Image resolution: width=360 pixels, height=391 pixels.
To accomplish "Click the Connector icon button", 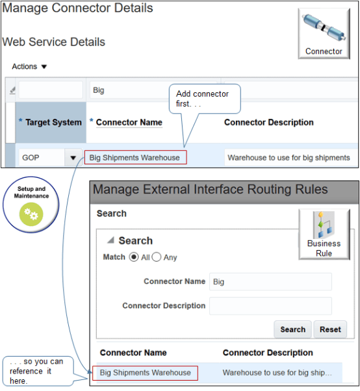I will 323,34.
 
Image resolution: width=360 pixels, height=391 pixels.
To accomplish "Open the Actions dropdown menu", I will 30,66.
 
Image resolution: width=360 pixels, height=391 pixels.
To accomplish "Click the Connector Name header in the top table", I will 129,122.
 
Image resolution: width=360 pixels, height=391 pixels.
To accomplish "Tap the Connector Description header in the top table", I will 268,122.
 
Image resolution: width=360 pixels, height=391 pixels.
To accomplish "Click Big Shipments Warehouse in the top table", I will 135,157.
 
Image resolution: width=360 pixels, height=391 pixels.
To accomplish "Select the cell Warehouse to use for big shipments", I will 288,157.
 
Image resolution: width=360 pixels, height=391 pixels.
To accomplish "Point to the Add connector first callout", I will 204,99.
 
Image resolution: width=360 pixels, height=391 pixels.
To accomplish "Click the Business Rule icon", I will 324,234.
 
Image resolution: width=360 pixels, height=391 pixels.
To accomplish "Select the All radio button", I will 135,257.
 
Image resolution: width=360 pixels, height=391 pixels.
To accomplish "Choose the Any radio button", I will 157,257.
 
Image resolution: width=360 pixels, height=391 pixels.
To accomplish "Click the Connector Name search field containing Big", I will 270,281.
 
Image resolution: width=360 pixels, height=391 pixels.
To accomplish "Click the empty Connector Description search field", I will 270,306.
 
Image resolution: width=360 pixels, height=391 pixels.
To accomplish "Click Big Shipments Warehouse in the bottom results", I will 146,373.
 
